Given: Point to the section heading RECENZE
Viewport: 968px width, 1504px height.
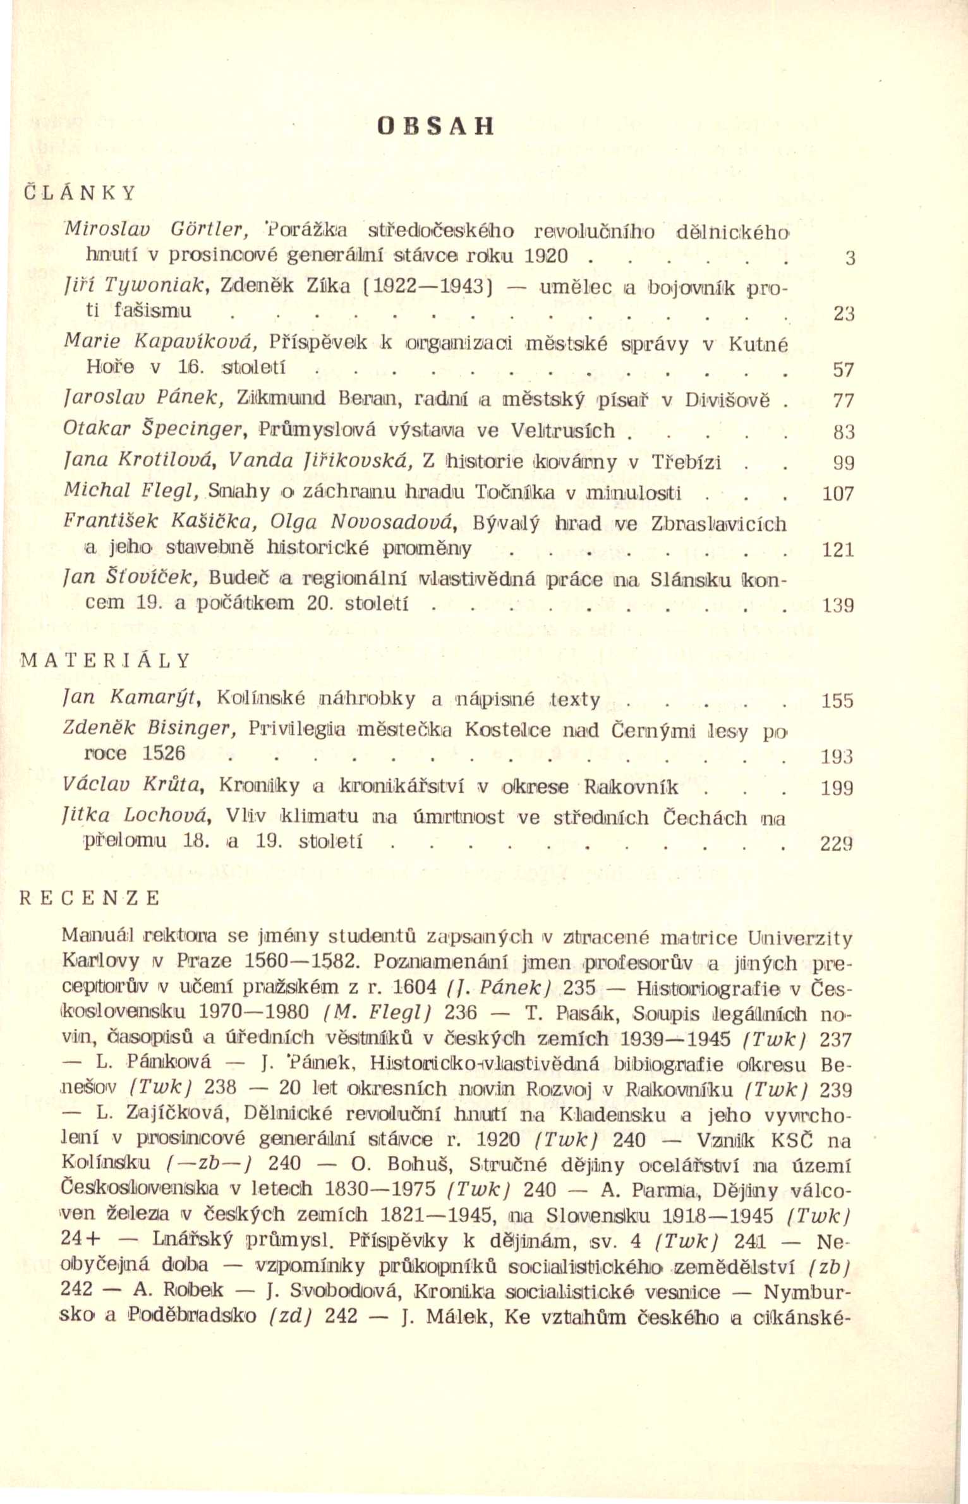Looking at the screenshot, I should pyautogui.click(x=90, y=899).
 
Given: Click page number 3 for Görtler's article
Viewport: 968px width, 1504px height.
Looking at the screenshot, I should pyautogui.click(x=850, y=258).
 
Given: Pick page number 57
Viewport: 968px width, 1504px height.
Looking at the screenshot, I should pyautogui.click(x=844, y=370).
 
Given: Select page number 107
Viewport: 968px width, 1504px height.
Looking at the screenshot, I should pyautogui.click(x=838, y=494).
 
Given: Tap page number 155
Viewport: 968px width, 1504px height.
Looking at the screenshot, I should pyautogui.click(x=837, y=701).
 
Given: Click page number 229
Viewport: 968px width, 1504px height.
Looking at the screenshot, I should pyautogui.click(x=837, y=843).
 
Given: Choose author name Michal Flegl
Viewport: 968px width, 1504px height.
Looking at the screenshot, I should pyautogui.click(x=132, y=492).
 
